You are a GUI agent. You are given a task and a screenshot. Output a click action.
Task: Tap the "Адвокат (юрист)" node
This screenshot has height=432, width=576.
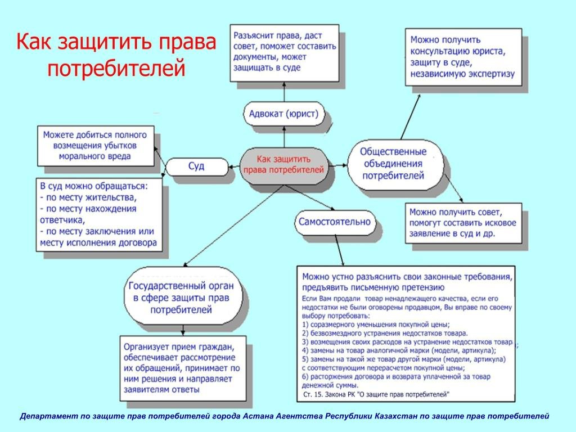[x=283, y=115]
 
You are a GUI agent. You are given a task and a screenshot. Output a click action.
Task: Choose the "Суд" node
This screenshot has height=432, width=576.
[x=196, y=166]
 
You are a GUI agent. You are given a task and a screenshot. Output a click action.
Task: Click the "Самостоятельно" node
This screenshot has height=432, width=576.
[x=334, y=221]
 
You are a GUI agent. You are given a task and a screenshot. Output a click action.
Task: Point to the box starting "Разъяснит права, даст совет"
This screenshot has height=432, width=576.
[x=284, y=53]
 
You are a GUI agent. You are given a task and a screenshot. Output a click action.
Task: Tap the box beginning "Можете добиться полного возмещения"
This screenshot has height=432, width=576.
[x=95, y=146]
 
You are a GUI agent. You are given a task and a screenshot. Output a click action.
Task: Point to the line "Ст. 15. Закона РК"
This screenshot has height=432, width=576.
[x=376, y=395]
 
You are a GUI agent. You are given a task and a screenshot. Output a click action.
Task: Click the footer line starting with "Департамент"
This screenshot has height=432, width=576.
[x=284, y=416]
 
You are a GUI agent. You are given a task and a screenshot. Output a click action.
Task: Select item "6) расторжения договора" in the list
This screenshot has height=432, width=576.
[x=397, y=376]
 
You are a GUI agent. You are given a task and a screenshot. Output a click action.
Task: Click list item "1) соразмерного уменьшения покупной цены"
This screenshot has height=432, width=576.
[x=375, y=325]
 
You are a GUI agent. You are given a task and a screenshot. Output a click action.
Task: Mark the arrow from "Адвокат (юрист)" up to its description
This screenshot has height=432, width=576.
[x=284, y=92]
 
